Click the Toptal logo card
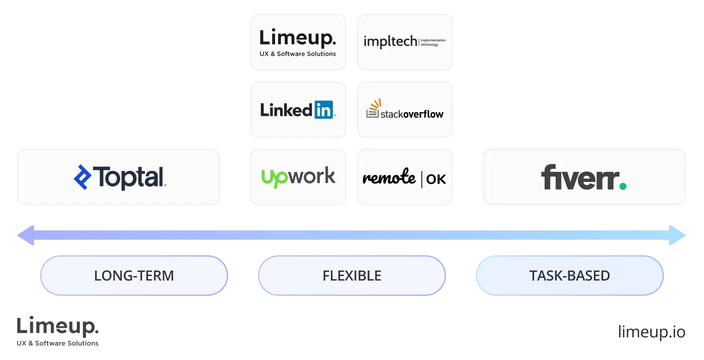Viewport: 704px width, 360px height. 119,177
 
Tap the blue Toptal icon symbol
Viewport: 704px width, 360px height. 82,177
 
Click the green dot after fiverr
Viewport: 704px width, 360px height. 623,186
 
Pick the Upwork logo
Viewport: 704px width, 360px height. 298,177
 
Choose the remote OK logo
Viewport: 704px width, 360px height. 404,178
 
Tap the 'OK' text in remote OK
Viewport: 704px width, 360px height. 435,179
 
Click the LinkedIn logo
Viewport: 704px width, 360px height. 297,110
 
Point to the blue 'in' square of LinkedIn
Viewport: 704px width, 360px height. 323,110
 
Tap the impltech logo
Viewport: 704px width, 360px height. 404,41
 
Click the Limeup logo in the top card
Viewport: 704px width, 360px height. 297,38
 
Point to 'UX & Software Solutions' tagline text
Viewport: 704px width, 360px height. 298,54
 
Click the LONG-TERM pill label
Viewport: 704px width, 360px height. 134,276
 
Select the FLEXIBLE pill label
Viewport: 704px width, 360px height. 352,276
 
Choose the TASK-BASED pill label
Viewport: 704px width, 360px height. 569,276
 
